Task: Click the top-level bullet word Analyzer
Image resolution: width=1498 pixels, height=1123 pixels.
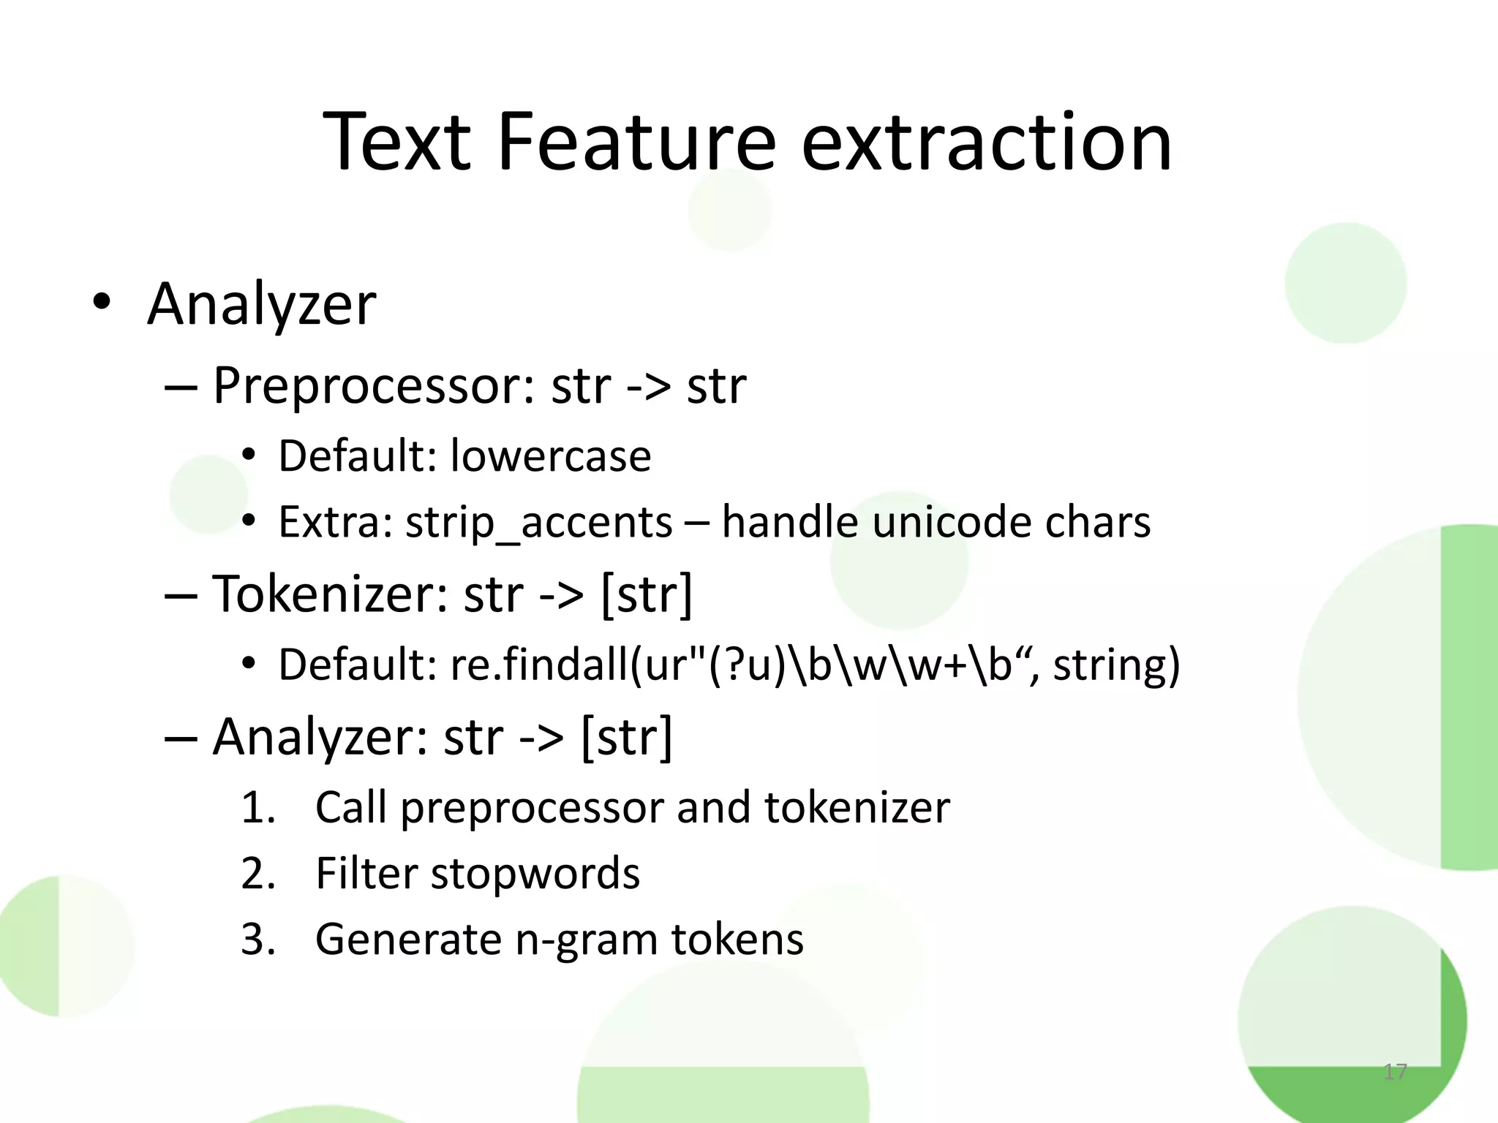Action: [x=261, y=304]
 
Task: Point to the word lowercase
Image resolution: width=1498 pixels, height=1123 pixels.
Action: [x=550, y=456]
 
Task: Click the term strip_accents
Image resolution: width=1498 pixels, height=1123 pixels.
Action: [x=539, y=523]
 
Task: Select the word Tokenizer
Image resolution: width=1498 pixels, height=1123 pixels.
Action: [x=330, y=594]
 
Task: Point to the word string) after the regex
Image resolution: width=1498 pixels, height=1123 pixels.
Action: [x=1116, y=665]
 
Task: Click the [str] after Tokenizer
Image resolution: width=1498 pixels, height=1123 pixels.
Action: [x=646, y=594]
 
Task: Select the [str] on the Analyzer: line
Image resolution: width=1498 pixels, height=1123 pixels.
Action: [x=626, y=737]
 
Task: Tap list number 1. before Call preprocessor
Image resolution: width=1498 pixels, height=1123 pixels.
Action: [x=257, y=809]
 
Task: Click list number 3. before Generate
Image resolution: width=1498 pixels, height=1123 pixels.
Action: [x=257, y=940]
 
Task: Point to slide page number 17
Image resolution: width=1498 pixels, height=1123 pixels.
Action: [x=1395, y=1072]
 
